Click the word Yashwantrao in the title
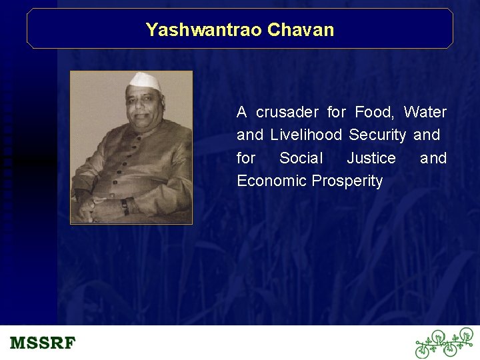pos(203,30)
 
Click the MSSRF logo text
pos(43,344)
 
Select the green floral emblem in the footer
pos(443,343)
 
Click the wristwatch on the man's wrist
pos(125,207)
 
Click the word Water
pos(425,112)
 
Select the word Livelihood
pos(305,135)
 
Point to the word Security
pos(377,135)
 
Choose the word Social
pos(301,158)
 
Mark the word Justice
pos(371,158)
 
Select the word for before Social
pos(245,158)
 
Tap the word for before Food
pos(336,112)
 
